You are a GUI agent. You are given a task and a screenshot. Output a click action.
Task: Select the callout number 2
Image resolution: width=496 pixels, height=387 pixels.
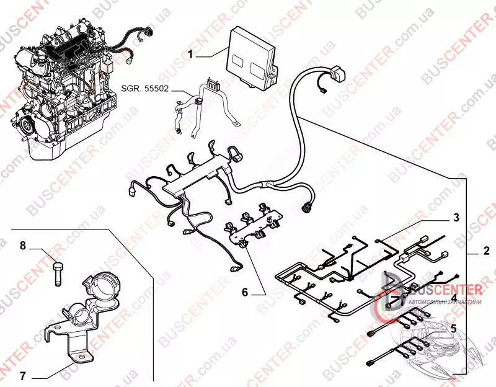tap(487, 253)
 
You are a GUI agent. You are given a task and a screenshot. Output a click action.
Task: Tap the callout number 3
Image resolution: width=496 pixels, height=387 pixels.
tap(456, 218)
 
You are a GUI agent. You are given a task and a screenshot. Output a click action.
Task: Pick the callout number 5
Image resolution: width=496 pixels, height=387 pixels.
tap(454, 327)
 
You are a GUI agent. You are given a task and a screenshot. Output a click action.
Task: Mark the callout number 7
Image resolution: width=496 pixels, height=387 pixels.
tap(22, 376)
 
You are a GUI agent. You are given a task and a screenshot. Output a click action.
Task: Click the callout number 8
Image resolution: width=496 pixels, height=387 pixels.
tap(22, 246)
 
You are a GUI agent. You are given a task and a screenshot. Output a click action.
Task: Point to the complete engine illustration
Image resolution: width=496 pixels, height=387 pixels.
tap(62, 87)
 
